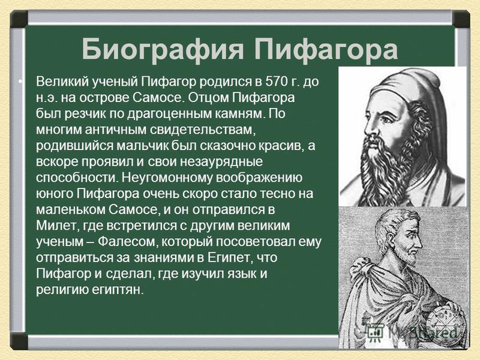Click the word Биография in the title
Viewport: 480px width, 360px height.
[163, 50]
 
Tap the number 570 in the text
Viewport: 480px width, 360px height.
[275, 82]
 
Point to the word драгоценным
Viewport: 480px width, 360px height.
[166, 114]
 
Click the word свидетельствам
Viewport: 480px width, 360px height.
[202, 130]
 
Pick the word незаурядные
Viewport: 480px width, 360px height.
[221, 162]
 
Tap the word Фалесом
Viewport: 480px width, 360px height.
[128, 242]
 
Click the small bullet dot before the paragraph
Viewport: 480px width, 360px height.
[20, 82]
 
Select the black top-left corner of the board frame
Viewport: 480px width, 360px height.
[19, 19]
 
